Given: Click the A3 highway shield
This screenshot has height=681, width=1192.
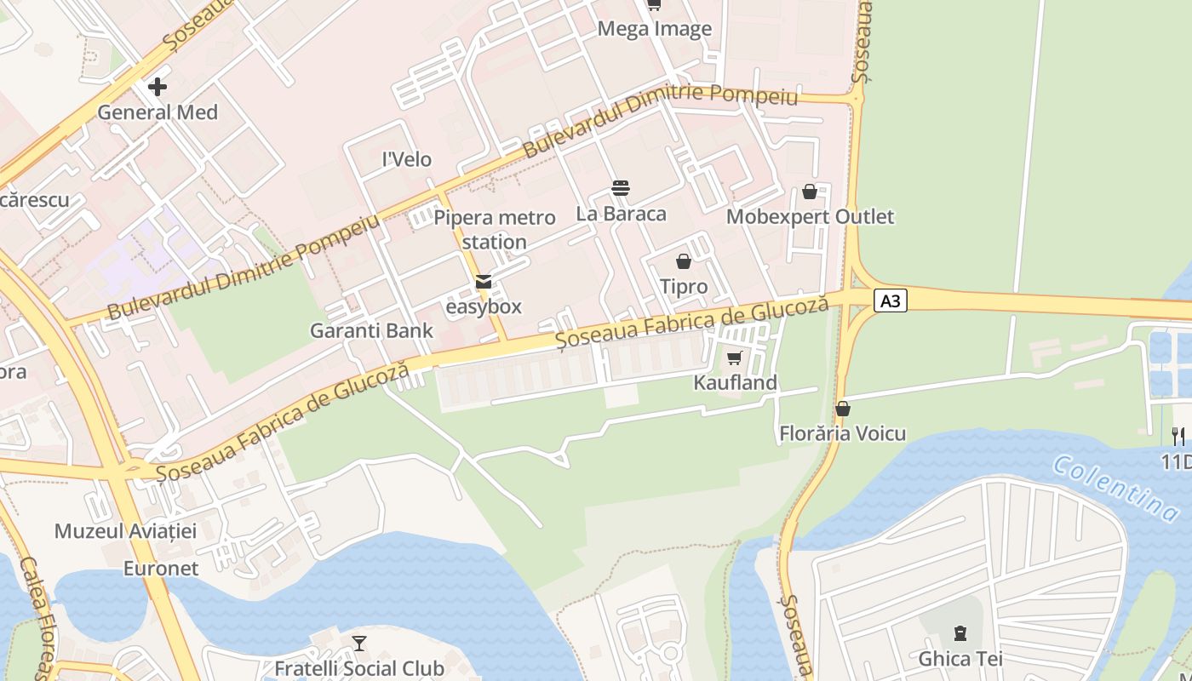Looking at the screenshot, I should point(890,300).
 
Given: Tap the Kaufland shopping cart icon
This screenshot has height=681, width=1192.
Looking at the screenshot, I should point(735,358).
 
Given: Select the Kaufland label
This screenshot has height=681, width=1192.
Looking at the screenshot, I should point(735,382).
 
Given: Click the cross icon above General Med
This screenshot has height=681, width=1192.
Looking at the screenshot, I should point(158,87).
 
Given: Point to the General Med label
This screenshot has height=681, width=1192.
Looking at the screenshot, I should point(158,112).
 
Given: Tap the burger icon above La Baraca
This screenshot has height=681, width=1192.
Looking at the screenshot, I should point(621,188).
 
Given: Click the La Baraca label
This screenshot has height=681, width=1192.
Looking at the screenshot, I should point(621,214).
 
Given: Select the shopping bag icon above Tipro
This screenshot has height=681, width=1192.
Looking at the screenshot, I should point(684,261).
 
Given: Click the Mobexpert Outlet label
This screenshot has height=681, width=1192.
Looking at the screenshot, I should point(810,217).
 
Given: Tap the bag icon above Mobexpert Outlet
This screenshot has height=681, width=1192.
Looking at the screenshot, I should point(810,192).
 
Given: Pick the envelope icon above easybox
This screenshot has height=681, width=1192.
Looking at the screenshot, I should point(484,282).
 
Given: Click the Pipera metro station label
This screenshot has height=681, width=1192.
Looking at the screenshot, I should point(495,230).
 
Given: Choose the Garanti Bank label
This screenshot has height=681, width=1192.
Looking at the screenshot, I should point(371,330).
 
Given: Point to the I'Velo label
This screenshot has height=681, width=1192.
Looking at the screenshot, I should point(407,159).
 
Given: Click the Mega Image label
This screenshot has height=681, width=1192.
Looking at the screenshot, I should point(654,29).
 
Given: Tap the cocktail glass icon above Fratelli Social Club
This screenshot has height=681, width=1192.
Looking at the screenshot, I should point(359,644).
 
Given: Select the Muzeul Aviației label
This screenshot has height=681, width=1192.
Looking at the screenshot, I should point(125,531).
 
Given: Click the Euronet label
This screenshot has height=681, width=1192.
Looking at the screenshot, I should point(161,568).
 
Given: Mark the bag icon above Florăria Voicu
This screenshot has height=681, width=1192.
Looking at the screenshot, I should point(843,409).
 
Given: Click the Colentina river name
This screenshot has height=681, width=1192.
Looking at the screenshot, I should point(1115,488).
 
